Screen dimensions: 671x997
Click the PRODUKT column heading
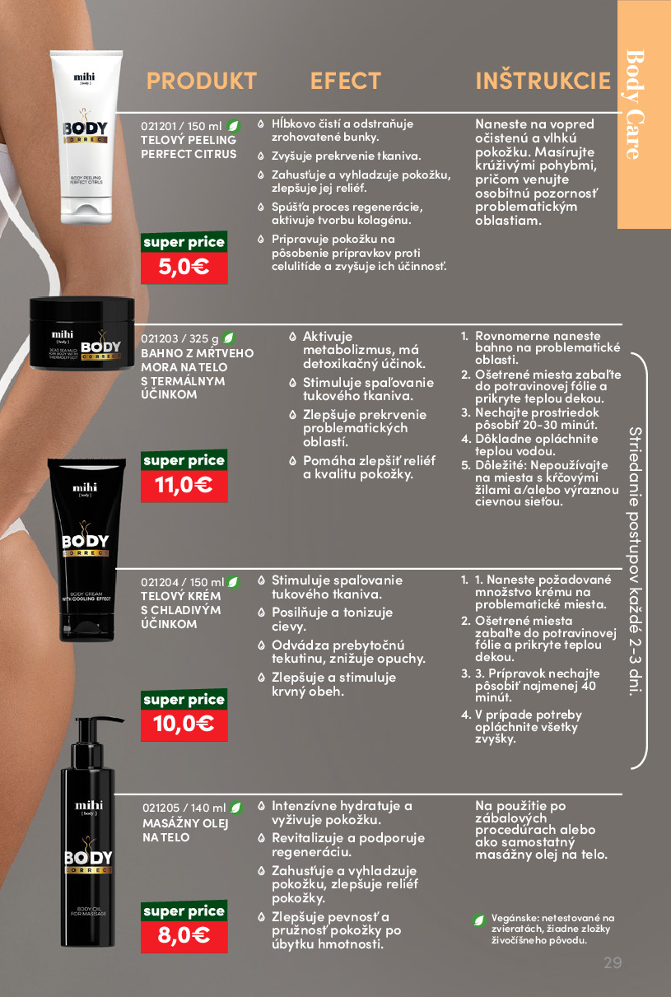[x=202, y=81]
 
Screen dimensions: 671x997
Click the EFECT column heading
[x=346, y=81]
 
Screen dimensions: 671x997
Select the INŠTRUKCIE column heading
[x=543, y=81]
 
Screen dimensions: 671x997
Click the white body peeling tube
[x=86, y=137]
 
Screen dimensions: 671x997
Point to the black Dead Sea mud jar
[x=82, y=333]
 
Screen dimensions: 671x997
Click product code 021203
[x=159, y=338]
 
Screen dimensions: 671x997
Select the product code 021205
[x=161, y=808]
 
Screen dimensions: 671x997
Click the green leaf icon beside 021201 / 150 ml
[x=233, y=127]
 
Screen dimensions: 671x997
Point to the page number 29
[x=613, y=962]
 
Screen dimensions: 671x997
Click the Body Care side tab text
[x=635, y=105]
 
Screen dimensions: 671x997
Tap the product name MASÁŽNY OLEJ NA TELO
[x=185, y=831]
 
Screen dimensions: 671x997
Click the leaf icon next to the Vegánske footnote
[x=479, y=920]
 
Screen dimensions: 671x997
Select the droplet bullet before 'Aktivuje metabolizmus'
[x=292, y=337]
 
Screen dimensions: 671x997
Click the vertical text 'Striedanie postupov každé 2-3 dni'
[x=636, y=561]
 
